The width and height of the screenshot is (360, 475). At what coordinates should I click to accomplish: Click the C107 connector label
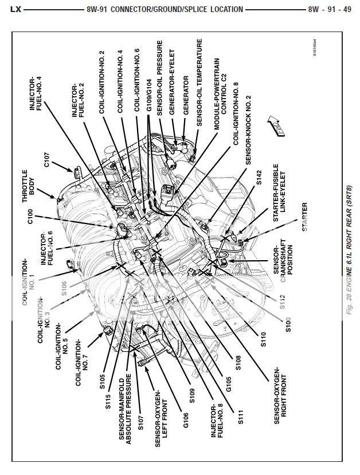[x=47, y=164]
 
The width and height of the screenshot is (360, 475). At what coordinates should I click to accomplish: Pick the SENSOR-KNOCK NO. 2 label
[x=248, y=129]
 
